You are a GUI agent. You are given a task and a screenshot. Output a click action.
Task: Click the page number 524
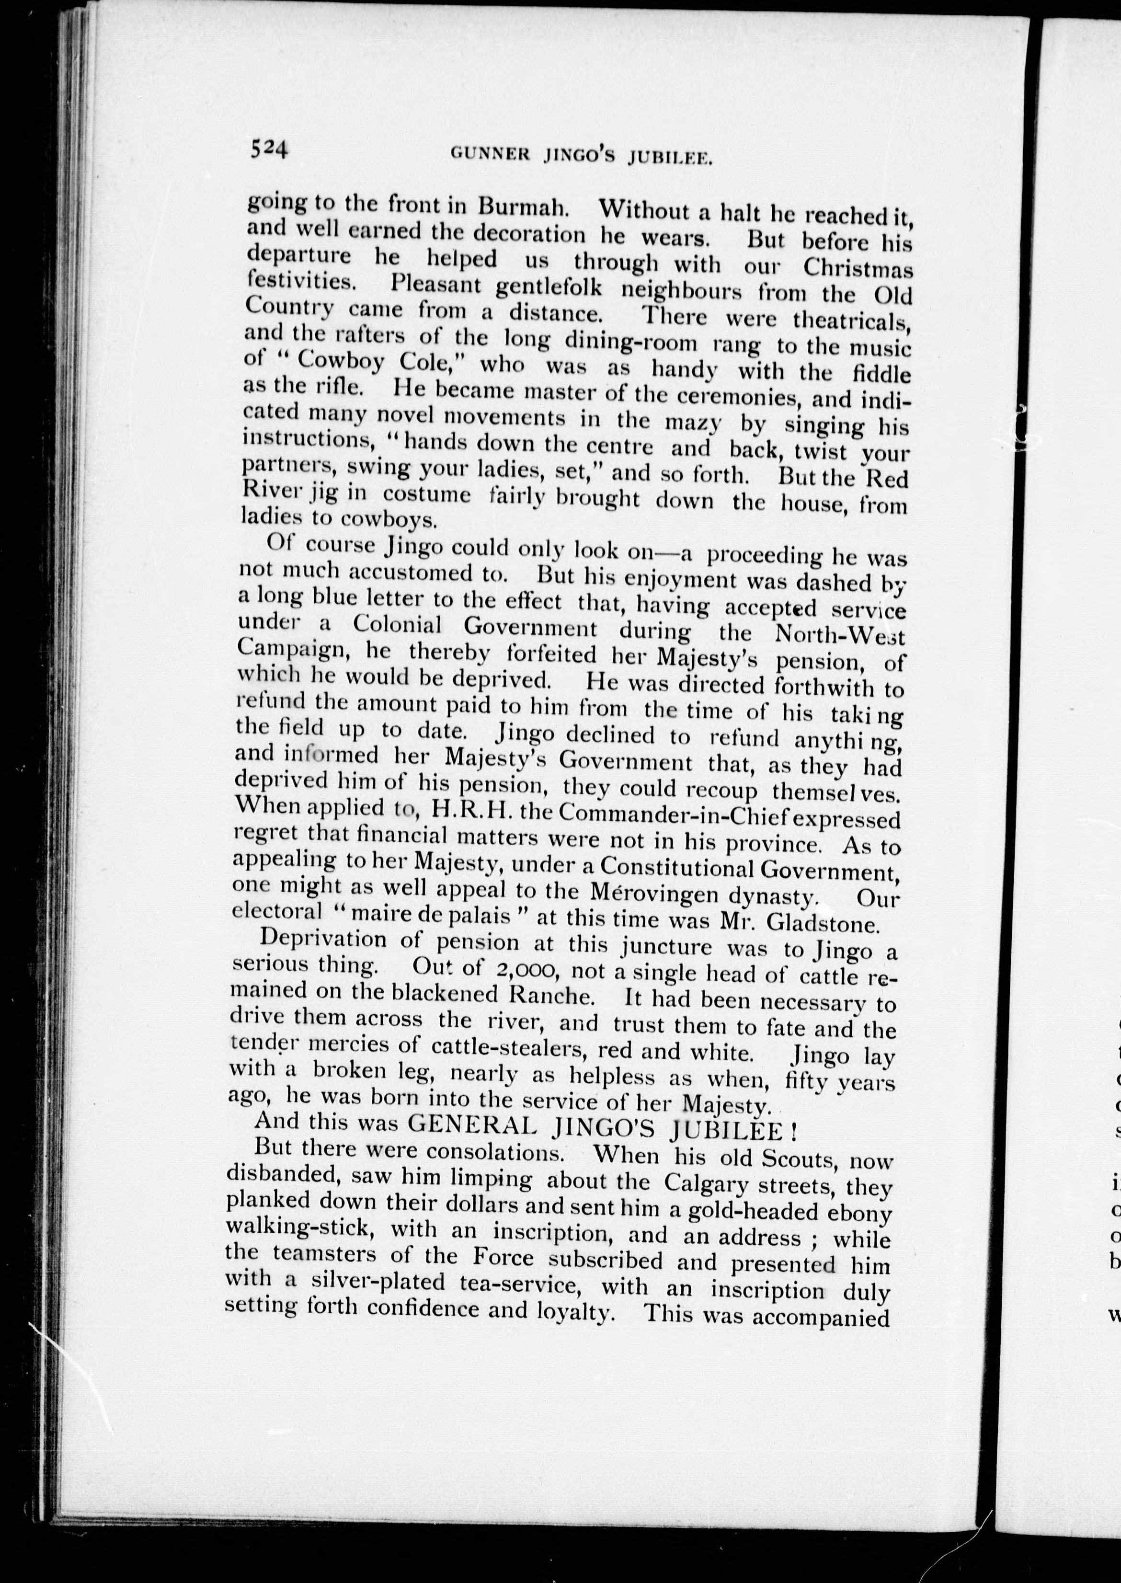click(x=269, y=148)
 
